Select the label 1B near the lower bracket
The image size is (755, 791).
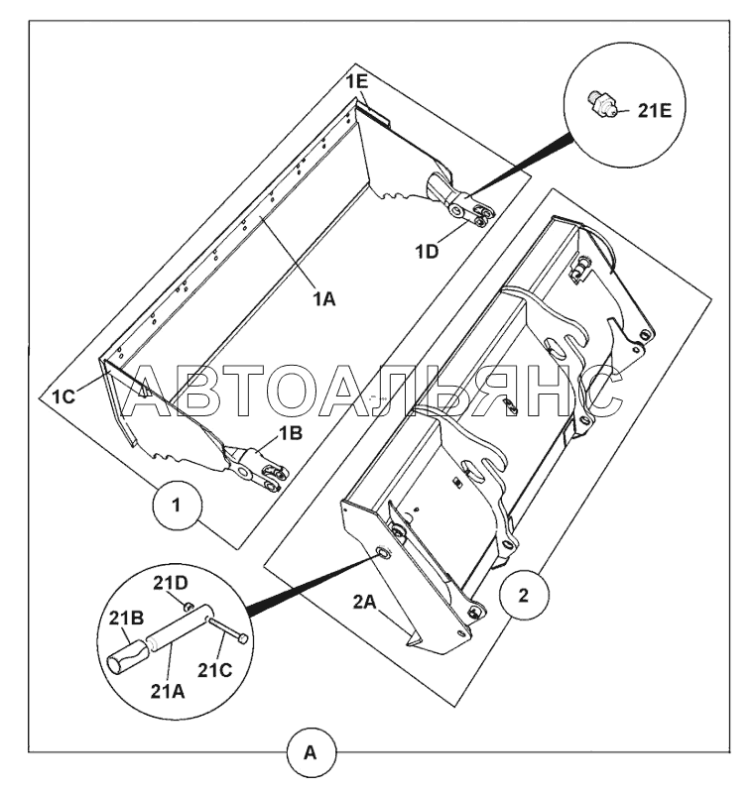click(289, 432)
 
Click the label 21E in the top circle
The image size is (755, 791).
click(653, 111)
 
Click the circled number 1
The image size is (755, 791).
click(176, 506)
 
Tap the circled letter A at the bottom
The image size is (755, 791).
click(311, 753)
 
